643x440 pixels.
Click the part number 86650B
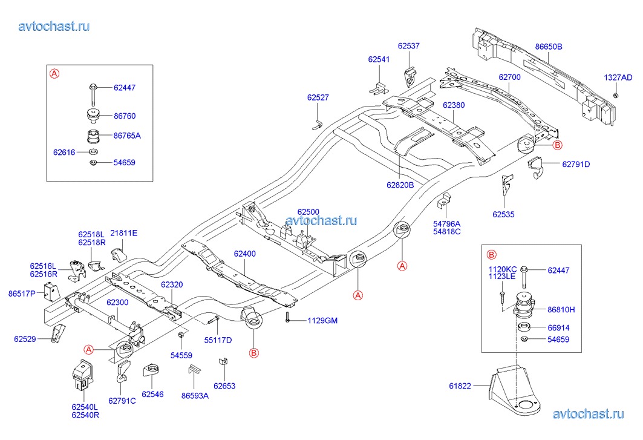click(548, 46)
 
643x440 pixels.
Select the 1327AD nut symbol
click(615, 96)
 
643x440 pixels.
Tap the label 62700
click(509, 77)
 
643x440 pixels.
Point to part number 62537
click(408, 46)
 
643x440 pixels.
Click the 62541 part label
click(379, 59)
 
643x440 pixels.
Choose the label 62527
click(318, 97)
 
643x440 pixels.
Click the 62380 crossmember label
click(454, 105)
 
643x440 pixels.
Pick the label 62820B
click(400, 185)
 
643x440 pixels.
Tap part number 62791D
click(575, 164)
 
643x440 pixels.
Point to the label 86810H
click(561, 309)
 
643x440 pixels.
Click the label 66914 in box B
click(558, 327)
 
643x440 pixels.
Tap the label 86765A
click(127, 136)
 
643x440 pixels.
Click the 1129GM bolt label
click(322, 320)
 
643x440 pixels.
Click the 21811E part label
click(124, 233)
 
